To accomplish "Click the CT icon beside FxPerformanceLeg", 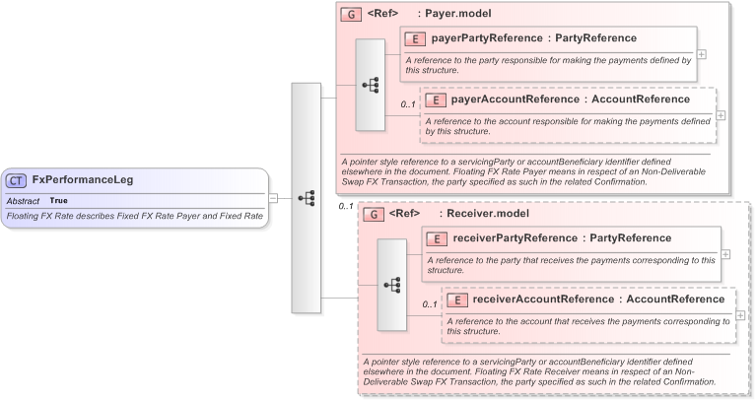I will point(17,180).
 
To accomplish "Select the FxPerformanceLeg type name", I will point(83,180).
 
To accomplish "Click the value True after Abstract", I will point(58,200).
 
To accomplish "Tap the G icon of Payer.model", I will point(351,15).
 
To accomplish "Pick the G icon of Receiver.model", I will point(373,214).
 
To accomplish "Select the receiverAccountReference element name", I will point(543,300).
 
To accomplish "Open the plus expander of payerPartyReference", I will point(702,55).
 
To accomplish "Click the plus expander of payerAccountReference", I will point(722,115).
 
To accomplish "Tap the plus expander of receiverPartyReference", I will point(725,253).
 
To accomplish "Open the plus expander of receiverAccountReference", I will point(740,314).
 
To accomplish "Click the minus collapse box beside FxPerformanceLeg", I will point(273,198).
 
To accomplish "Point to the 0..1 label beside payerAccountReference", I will point(407,104).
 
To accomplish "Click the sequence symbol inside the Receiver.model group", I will point(392,285).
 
